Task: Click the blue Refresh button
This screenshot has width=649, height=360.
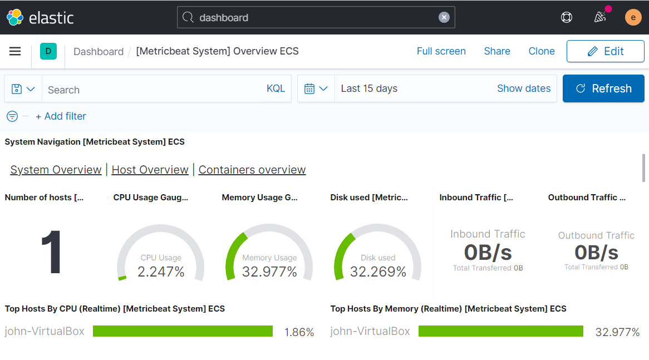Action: pos(603,88)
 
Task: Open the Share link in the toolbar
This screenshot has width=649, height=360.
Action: pos(496,51)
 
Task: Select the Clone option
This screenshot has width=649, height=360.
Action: pos(541,51)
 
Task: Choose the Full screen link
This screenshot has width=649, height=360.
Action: pos(441,51)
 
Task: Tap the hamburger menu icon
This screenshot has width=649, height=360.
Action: pos(15,51)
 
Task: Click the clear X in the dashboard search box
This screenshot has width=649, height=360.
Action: pos(444,17)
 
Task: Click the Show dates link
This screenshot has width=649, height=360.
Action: pos(523,88)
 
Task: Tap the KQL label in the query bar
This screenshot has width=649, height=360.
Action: pos(276,88)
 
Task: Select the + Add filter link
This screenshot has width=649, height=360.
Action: pos(61,116)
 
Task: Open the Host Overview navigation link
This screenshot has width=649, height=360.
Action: pos(150,170)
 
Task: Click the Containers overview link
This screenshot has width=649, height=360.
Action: pos(252,170)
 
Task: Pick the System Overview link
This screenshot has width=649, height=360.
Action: pos(56,170)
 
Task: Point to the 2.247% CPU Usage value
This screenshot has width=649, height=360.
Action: pos(161,272)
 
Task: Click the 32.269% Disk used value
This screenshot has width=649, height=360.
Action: pos(378,272)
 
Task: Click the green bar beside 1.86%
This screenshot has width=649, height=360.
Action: pos(183,332)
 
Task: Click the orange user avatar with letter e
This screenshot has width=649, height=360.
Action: pos(633,17)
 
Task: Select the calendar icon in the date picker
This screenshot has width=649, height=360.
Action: pos(309,88)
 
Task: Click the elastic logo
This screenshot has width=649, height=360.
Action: pos(40,17)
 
